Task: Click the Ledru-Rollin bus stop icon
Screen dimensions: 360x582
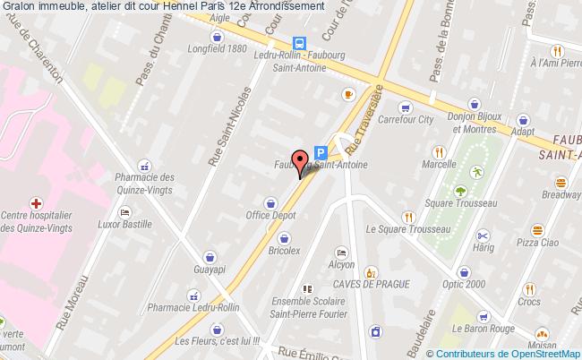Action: pyautogui.click(x=301, y=42)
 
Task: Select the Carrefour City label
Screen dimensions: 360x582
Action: pyautogui.click(x=406, y=118)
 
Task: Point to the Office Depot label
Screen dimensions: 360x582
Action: pyautogui.click(x=270, y=216)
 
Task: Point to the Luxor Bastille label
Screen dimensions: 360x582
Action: pyautogui.click(x=125, y=224)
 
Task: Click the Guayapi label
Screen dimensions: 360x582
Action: pyautogui.click(x=202, y=270)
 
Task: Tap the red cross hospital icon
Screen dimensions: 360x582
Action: pyautogui.click(x=35, y=202)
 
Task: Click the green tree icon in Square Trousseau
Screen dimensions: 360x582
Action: pyautogui.click(x=460, y=191)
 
